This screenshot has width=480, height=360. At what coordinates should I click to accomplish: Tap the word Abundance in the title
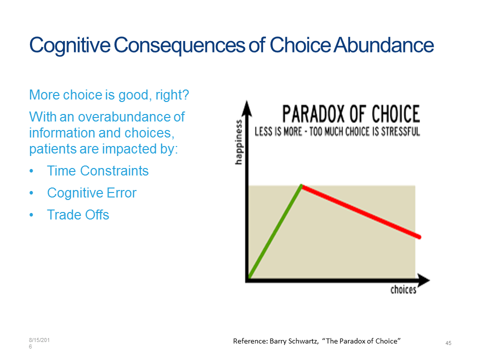click(384, 45)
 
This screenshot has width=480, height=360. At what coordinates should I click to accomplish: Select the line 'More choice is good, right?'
click(109, 95)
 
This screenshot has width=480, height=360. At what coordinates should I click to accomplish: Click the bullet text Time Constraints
click(97, 171)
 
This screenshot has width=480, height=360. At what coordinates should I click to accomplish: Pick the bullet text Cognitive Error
click(91, 193)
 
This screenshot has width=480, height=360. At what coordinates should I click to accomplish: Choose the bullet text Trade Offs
click(78, 215)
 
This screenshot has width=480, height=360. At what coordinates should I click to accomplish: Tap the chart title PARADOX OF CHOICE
click(351, 114)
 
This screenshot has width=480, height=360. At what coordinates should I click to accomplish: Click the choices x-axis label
click(403, 289)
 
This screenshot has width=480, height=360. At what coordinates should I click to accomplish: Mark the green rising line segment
click(275, 231)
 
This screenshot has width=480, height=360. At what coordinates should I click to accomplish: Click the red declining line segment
click(361, 211)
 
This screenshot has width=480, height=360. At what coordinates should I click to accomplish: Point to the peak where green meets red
click(301, 186)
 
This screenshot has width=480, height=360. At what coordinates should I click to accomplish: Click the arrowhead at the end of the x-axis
click(424, 280)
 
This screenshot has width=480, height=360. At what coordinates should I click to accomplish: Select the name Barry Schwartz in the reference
click(294, 341)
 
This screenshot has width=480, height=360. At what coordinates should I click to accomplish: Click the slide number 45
click(448, 343)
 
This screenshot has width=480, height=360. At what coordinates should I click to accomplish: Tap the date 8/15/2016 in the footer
click(39, 343)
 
